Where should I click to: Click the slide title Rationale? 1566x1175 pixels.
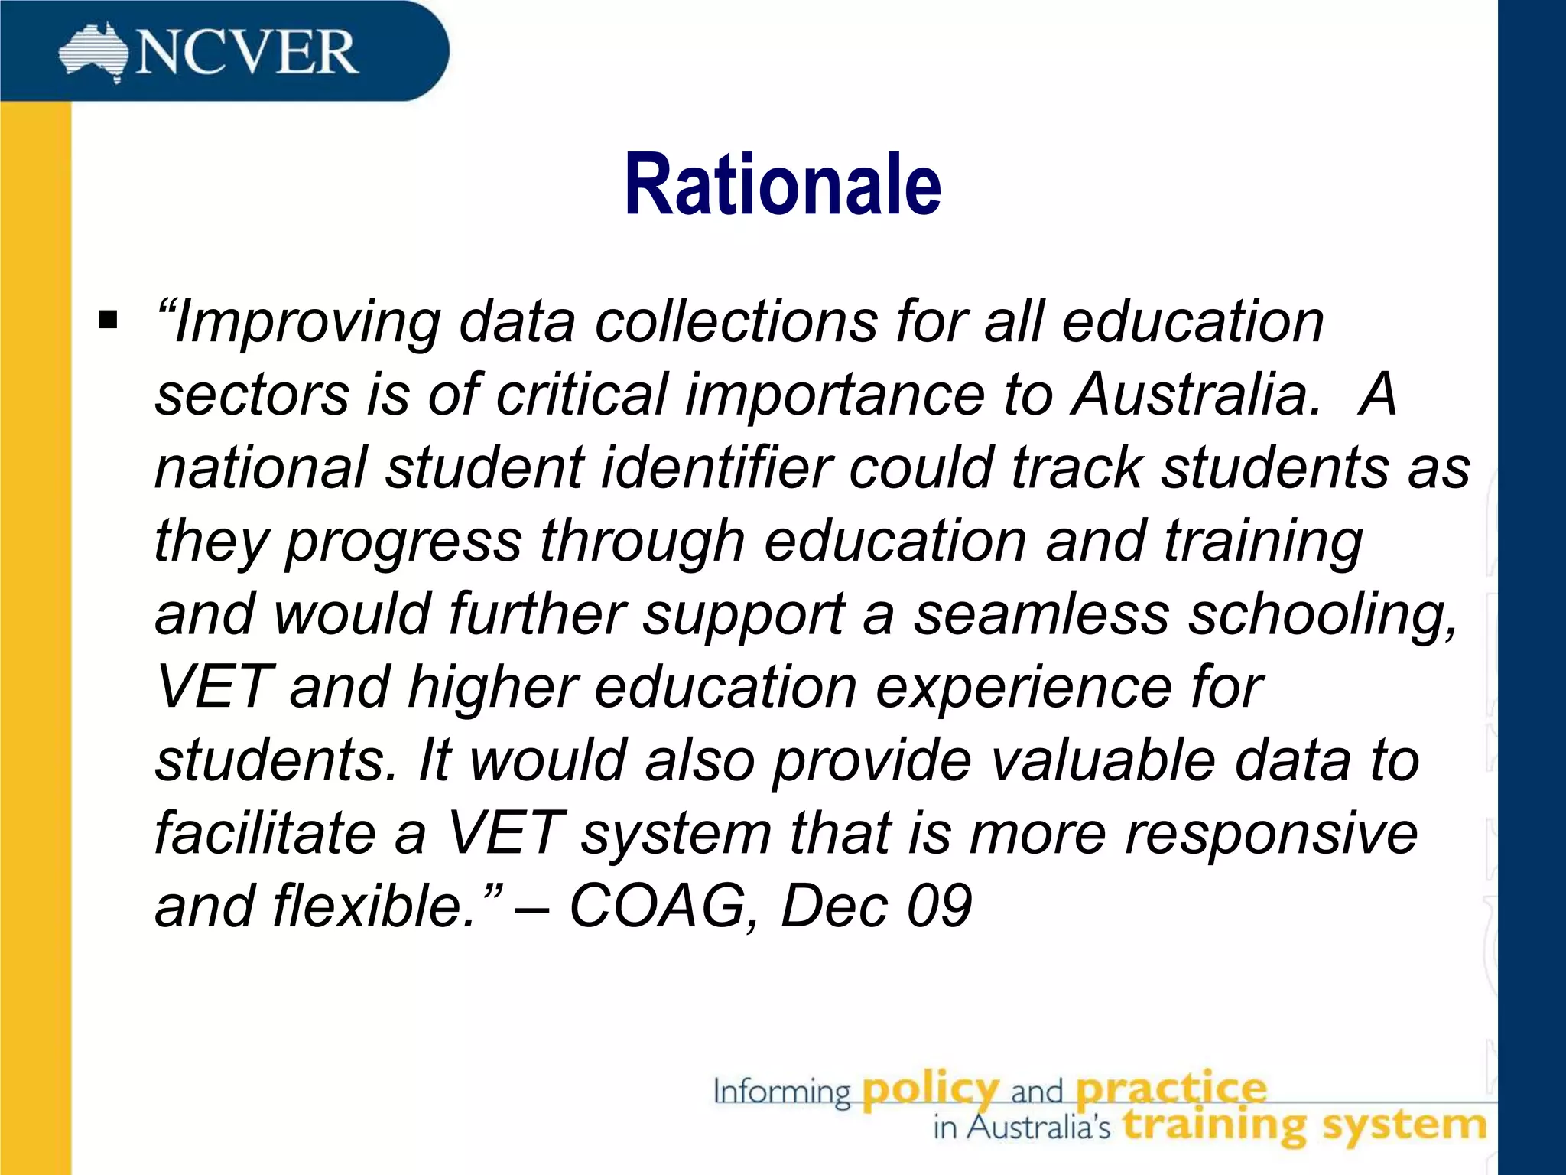782,185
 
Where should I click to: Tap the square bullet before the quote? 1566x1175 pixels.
108,318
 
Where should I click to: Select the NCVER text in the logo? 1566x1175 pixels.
246,53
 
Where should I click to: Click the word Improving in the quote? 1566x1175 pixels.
307,323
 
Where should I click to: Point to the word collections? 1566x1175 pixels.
736,321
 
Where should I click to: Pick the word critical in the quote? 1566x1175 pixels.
582,395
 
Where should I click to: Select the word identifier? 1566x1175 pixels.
716,467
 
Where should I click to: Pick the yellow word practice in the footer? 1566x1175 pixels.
1171,1090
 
